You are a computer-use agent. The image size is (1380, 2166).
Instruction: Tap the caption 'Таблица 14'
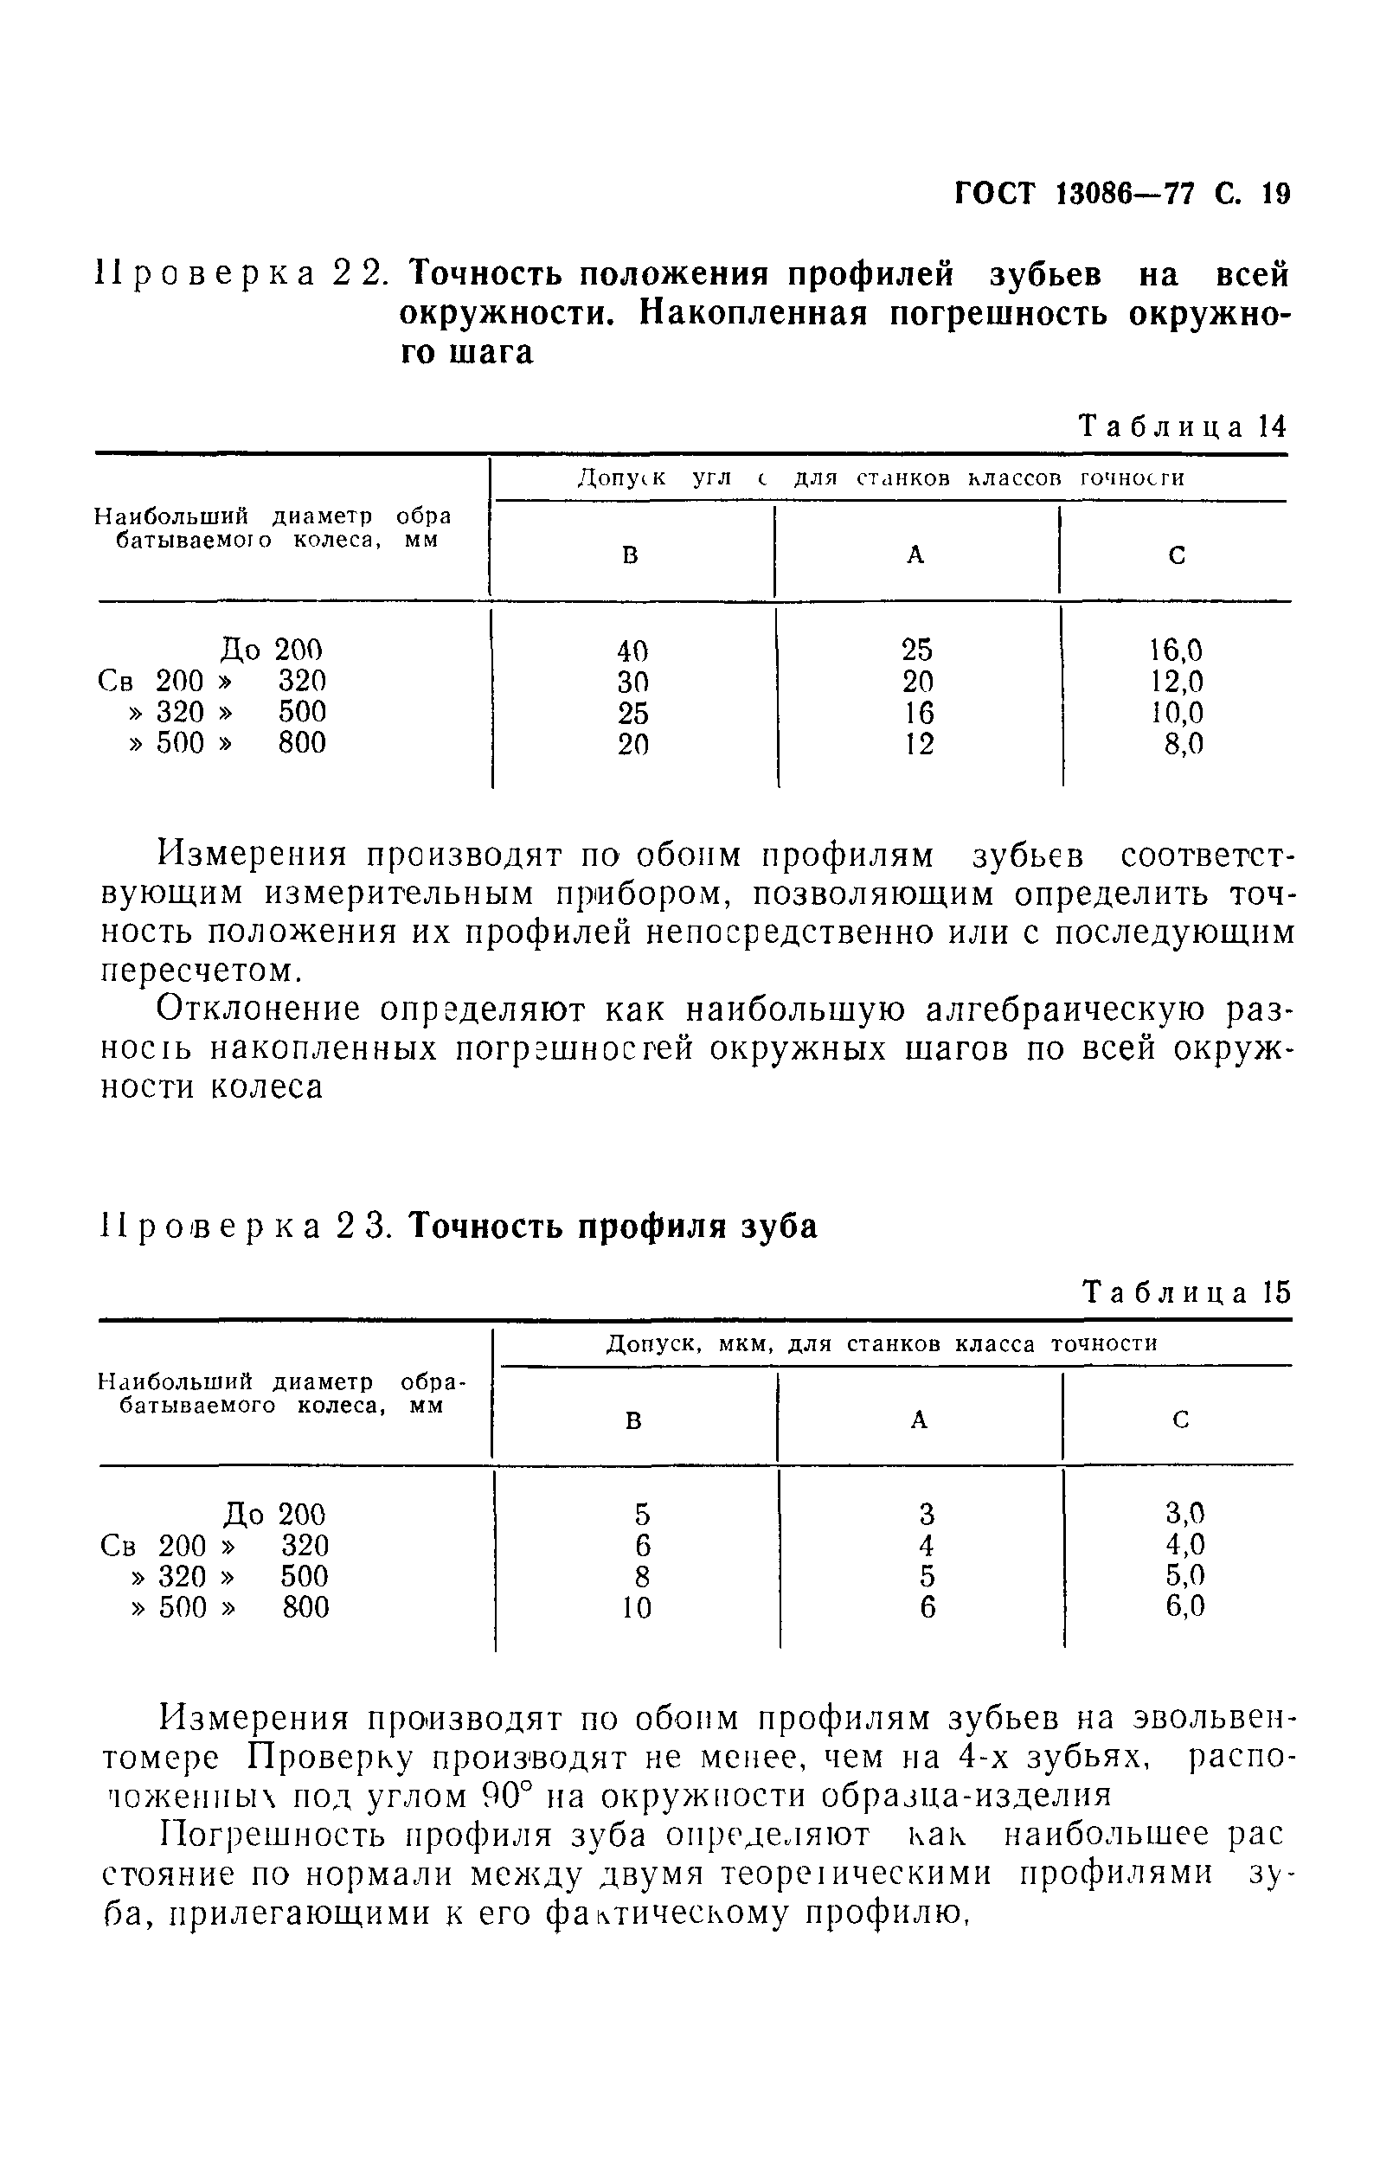[x=1184, y=426]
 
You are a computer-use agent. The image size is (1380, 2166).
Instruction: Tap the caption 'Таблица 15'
[x=1186, y=1292]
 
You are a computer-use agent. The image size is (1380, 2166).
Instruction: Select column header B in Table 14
[x=631, y=556]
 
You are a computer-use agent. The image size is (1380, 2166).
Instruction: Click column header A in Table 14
[x=915, y=556]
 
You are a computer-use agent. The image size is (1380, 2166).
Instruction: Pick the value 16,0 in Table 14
[x=1175, y=650]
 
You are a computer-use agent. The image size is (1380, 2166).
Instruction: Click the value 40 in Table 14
[x=632, y=650]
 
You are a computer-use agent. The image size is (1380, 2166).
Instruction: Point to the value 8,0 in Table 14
[x=1183, y=744]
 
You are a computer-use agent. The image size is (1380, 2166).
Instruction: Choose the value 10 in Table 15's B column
[x=636, y=1607]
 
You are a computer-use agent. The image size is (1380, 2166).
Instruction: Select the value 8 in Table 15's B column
[x=641, y=1576]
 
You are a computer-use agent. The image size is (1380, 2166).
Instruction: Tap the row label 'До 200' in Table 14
[x=271, y=650]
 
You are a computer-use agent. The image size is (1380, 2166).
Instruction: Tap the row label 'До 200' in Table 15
[x=274, y=1514]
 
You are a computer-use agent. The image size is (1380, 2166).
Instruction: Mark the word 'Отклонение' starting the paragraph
[x=258, y=1010]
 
